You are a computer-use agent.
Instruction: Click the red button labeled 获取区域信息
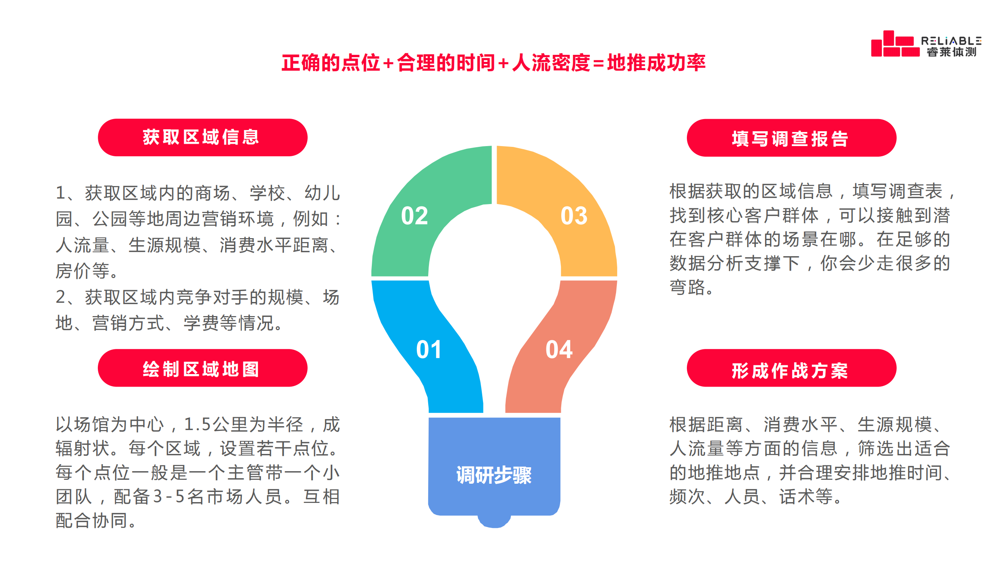[x=202, y=137]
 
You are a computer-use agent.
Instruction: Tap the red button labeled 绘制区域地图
[x=202, y=368]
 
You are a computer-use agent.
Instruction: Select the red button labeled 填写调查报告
[x=791, y=138]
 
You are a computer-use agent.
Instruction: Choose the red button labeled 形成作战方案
[x=791, y=368]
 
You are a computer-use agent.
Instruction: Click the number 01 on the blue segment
[x=429, y=349]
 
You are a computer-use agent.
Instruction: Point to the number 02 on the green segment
[x=414, y=216]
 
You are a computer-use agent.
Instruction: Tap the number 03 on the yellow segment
[x=574, y=216]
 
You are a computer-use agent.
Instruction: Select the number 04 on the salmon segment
[x=559, y=349]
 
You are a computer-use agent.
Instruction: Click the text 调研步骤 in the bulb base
[x=494, y=475]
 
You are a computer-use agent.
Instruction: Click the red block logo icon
[x=895, y=44]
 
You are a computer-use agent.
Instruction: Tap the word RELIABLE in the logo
[x=952, y=41]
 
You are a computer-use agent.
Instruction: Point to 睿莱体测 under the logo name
[x=952, y=52]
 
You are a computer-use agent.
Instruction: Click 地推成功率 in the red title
[x=656, y=63]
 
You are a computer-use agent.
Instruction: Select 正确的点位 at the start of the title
[x=331, y=63]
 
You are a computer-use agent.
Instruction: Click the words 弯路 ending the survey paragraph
[x=688, y=287]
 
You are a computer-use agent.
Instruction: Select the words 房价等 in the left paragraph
[x=83, y=271]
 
